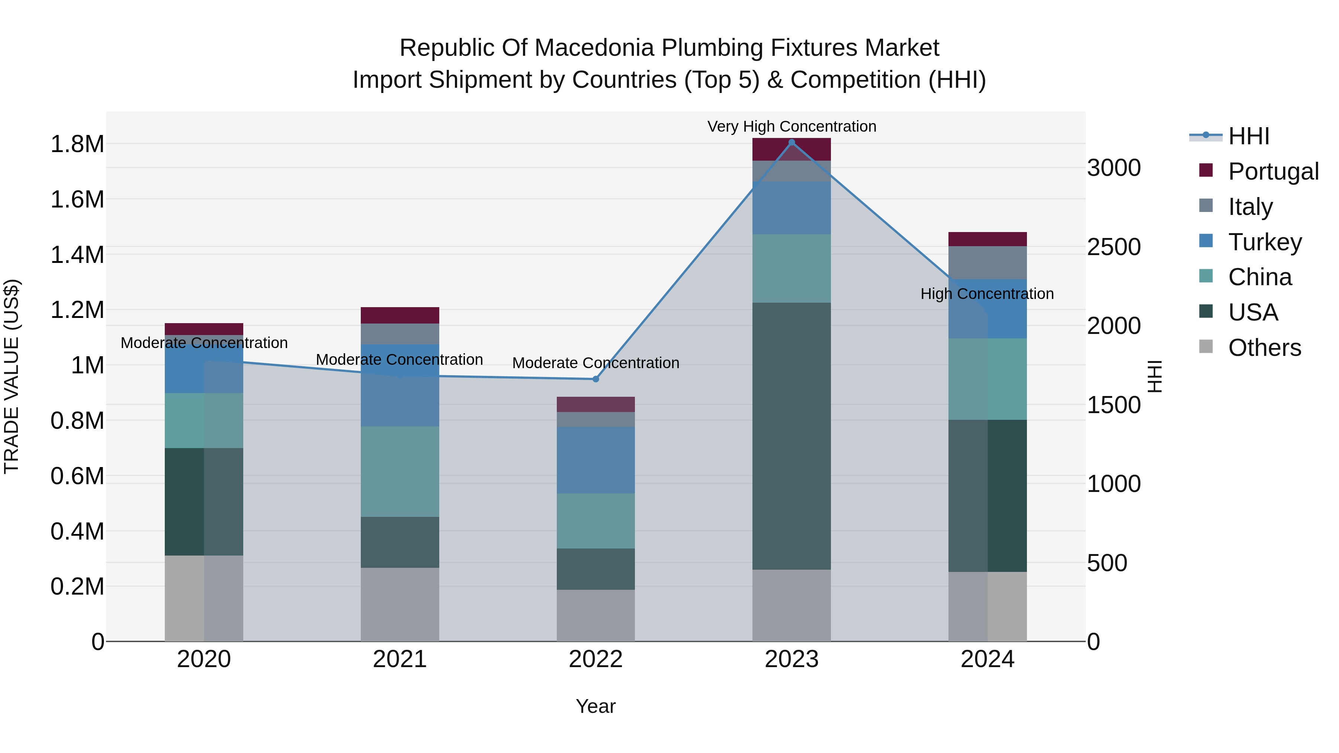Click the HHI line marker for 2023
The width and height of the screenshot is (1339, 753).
point(791,142)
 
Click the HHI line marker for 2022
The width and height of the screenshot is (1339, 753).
point(596,379)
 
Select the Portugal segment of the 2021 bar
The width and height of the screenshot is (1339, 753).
point(400,315)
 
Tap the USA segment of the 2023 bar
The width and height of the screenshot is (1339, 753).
point(791,436)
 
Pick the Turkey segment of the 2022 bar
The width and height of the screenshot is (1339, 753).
point(596,460)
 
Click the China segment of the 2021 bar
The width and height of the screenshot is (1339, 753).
point(400,472)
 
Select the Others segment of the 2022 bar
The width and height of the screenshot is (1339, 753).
point(596,615)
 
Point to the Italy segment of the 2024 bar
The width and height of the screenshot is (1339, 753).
point(987,263)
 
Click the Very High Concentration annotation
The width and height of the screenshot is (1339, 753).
point(791,127)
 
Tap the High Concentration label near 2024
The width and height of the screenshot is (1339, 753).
point(987,294)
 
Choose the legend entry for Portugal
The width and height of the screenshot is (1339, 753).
point(1273,171)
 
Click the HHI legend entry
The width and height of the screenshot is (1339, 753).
point(1249,136)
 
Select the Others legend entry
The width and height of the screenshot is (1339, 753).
point(1264,348)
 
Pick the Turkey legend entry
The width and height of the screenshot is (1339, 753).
point(1265,242)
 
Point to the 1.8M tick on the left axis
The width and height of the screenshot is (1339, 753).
point(77,144)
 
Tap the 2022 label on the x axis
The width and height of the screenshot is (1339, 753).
point(596,659)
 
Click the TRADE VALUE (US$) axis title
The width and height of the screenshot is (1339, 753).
point(12,376)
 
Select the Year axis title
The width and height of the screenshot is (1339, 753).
point(596,706)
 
